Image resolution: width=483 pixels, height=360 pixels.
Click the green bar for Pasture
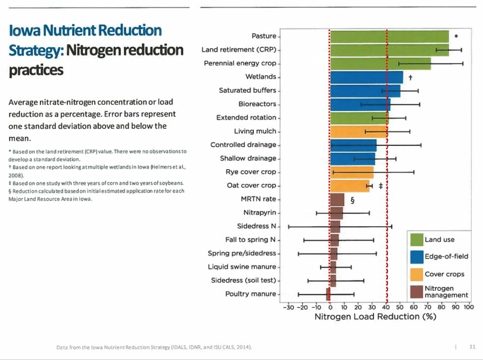point(389,36)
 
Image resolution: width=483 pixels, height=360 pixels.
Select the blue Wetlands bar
point(366,77)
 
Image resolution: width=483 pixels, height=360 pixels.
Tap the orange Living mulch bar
point(359,132)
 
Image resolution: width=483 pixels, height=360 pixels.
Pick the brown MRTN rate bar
point(337,199)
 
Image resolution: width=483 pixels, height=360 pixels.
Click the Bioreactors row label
point(257,104)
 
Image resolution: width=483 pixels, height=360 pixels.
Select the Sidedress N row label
point(256,226)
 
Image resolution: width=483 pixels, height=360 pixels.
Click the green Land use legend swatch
point(416,239)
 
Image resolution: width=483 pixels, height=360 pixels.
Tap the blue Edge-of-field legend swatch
point(416,256)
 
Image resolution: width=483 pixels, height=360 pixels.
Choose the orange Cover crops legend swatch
point(416,274)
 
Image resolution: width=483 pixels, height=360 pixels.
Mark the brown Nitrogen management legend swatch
point(416,291)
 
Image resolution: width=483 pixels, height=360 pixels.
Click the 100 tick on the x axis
point(468,306)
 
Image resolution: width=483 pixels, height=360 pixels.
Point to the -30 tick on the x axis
point(288,306)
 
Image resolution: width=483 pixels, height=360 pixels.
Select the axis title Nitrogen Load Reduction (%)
point(375,317)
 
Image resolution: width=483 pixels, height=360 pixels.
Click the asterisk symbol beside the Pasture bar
point(456,36)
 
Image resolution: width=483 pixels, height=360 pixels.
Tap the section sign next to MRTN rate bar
point(352,199)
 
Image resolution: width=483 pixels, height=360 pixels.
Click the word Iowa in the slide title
point(25,30)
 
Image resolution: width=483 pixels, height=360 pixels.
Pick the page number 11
point(472,347)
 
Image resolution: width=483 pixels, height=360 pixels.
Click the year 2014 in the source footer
point(243,347)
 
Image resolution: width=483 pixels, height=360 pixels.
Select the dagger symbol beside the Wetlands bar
point(411,78)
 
